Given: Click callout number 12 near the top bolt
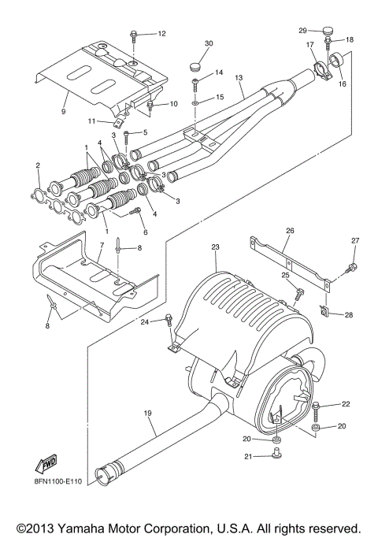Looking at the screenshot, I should [161, 34].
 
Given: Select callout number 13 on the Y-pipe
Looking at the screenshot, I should [239, 76].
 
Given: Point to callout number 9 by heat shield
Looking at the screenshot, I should [64, 112].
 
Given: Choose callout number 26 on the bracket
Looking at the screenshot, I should [289, 231].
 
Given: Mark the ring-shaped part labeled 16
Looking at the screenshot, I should [339, 60].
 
